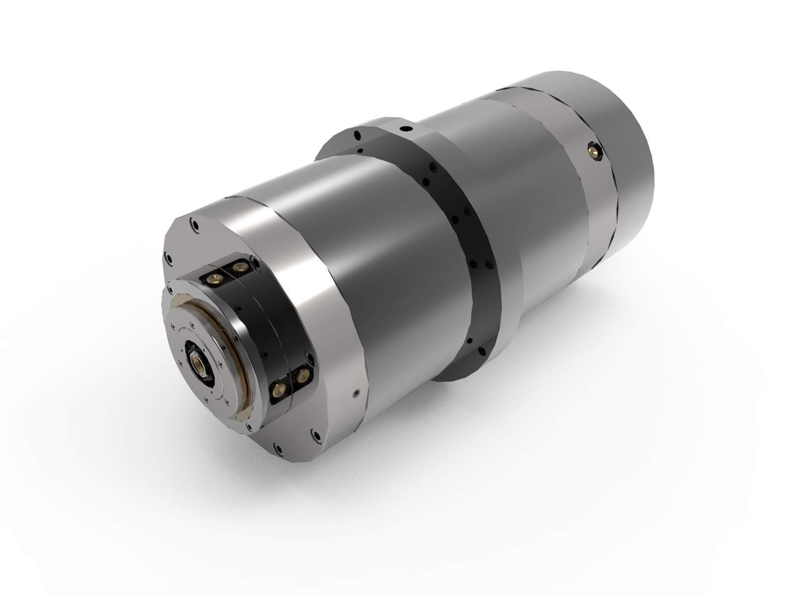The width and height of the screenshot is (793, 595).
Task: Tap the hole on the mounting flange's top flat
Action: (406, 128)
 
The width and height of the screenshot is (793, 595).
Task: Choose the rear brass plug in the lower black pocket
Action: (303, 374)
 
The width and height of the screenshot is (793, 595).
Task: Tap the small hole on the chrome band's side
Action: (356, 393)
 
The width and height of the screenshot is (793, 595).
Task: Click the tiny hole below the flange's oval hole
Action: (360, 150)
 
